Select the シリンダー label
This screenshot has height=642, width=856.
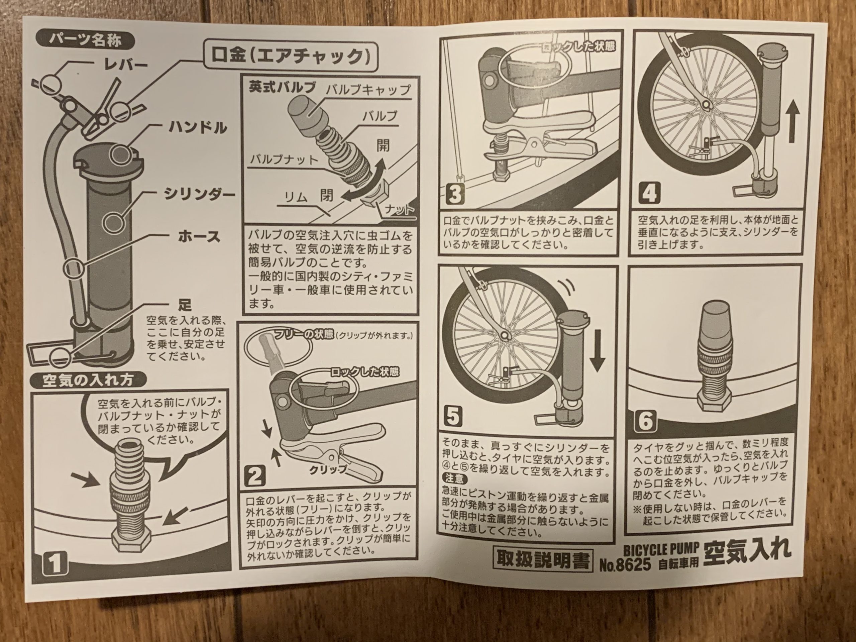[x=199, y=193]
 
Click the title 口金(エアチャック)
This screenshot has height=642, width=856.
[x=290, y=57]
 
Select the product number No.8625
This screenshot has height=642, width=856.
[x=626, y=565]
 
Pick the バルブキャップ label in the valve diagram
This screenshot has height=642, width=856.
[x=368, y=90]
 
